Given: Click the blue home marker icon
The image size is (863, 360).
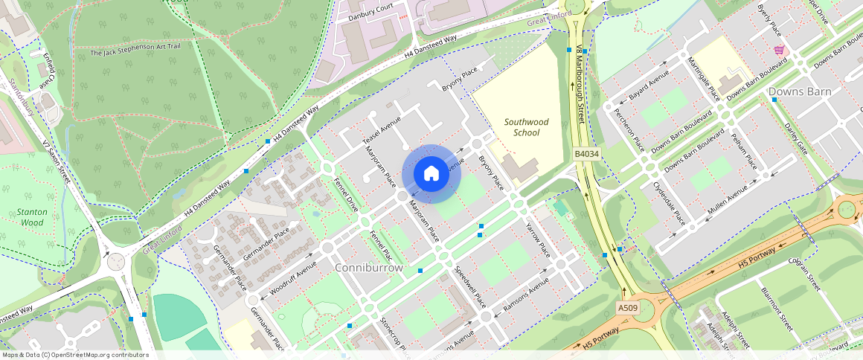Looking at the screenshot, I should pos(431,174).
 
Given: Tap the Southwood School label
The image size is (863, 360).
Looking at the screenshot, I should pos(526,127).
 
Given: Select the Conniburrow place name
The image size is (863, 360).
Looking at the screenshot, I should pos(369,267).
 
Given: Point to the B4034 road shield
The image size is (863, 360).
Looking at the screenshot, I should pos(586,154).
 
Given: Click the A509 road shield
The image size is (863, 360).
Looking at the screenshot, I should pos(628,307).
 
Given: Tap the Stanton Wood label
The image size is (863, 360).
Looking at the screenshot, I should pos(33,217).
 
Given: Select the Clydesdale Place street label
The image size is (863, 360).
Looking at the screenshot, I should pos(667,202).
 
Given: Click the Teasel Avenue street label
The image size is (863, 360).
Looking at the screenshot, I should pos(382,130).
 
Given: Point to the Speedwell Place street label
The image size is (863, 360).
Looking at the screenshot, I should pos(469,286).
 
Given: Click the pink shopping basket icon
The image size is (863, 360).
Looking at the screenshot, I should pos(779,50).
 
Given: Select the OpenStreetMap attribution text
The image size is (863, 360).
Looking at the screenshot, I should pos(75,355).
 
